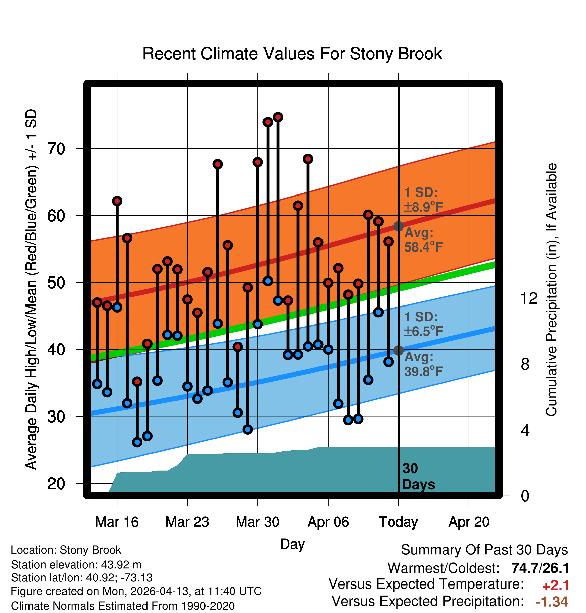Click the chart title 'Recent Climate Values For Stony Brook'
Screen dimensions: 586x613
(x=292, y=54)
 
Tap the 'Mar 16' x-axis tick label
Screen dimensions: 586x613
(x=117, y=522)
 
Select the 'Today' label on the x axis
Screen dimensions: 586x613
(x=398, y=522)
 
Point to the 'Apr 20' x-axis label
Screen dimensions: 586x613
(x=469, y=522)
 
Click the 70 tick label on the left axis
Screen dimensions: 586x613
(x=56, y=149)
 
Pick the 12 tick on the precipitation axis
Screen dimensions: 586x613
(x=529, y=298)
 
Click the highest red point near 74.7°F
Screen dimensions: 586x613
(x=278, y=117)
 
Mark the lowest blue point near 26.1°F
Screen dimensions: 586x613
(x=137, y=442)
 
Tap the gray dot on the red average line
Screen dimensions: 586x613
(x=398, y=226)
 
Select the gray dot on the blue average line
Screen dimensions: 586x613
(x=398, y=350)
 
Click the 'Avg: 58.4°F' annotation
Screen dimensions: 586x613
(x=423, y=240)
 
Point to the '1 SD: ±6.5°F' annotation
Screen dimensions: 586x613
(x=423, y=324)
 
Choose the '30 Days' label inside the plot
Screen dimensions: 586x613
(x=418, y=477)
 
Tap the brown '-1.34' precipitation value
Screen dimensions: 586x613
(x=552, y=602)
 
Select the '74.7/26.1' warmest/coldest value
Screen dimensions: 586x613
(x=540, y=568)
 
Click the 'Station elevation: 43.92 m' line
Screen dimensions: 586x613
(x=76, y=565)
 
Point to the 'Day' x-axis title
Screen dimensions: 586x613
(x=292, y=544)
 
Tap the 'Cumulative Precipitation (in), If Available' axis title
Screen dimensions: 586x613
(x=551, y=290)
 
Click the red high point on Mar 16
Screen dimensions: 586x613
(x=117, y=201)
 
